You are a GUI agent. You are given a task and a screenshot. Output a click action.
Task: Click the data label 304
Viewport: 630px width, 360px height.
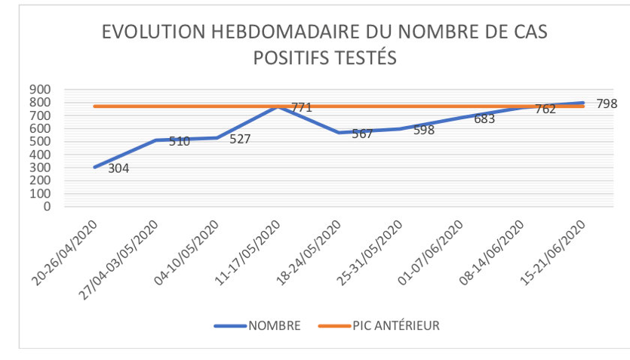118,168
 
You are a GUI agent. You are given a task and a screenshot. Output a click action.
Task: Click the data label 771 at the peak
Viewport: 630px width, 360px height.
302,108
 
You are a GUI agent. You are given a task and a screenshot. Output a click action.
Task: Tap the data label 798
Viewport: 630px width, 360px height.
607,103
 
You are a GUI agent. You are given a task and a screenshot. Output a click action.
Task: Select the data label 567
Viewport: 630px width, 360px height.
362,134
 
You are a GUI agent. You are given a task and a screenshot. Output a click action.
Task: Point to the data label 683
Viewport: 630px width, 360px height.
484,118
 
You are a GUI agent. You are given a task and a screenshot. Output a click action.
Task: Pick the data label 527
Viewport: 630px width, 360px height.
240,139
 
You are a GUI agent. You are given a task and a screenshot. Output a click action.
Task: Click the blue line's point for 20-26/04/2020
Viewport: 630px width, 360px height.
94,167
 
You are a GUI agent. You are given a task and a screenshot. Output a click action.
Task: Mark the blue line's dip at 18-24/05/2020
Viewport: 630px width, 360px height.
339,133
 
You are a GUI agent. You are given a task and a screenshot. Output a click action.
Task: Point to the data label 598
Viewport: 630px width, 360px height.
424,130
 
